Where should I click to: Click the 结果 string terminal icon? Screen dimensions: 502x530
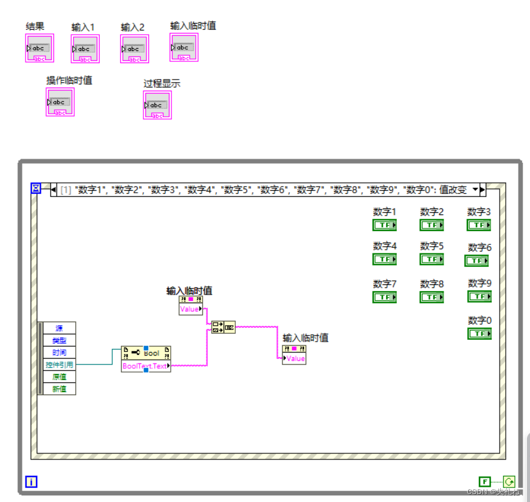40,49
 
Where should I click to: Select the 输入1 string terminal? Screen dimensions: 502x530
85,49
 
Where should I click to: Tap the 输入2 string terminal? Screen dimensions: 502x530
135,49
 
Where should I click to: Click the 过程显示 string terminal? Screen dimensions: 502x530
157,105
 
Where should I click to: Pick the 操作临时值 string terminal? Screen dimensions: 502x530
60,102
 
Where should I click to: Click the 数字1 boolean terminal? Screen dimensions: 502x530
384,225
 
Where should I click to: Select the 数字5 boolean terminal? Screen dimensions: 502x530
432,260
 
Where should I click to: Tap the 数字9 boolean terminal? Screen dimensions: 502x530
479,297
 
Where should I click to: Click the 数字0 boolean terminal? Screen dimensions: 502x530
479,334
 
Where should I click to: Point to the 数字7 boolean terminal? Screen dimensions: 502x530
384,297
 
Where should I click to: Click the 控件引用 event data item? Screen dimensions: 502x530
60,365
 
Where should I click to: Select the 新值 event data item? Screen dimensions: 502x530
60,389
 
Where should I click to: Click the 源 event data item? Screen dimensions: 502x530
60,328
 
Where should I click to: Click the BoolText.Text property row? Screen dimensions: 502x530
145,366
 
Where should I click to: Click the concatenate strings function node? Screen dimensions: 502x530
222,328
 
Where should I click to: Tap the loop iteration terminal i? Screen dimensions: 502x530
32,483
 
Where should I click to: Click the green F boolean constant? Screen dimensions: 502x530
484,481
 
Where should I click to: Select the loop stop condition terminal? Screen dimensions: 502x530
508,481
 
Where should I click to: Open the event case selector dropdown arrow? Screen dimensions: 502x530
475,190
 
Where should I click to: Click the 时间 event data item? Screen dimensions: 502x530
60,352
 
